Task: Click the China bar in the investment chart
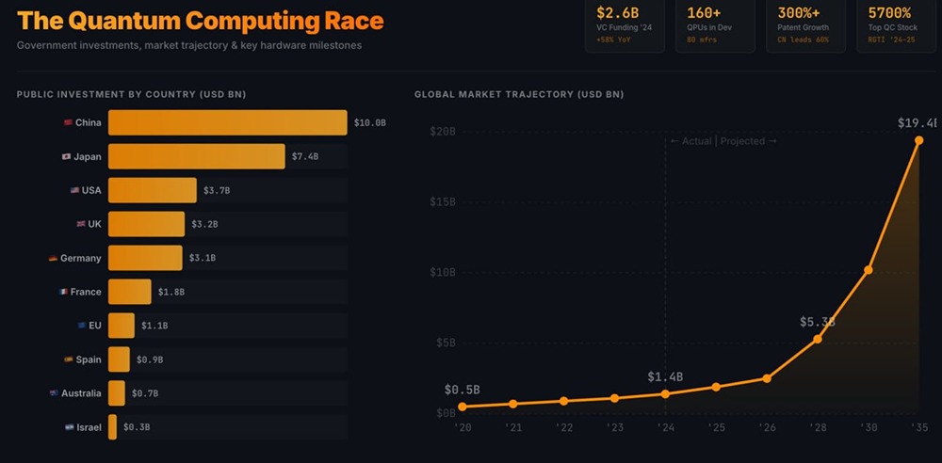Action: (x=227, y=122)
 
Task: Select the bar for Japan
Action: (x=196, y=156)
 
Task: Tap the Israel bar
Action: (x=112, y=427)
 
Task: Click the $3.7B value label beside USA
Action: (x=217, y=190)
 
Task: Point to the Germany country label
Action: (x=80, y=258)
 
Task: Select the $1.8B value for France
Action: (x=171, y=292)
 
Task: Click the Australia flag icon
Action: (x=54, y=393)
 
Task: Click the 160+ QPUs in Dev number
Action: (x=705, y=12)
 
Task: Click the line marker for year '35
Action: (x=919, y=140)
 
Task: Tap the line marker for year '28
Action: (x=817, y=339)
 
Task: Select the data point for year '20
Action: (x=462, y=407)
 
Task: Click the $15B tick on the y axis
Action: (x=443, y=201)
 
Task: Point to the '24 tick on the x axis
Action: (x=665, y=427)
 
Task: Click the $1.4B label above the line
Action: (x=665, y=376)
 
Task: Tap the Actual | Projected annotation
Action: (x=723, y=141)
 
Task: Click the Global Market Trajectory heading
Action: (x=519, y=94)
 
